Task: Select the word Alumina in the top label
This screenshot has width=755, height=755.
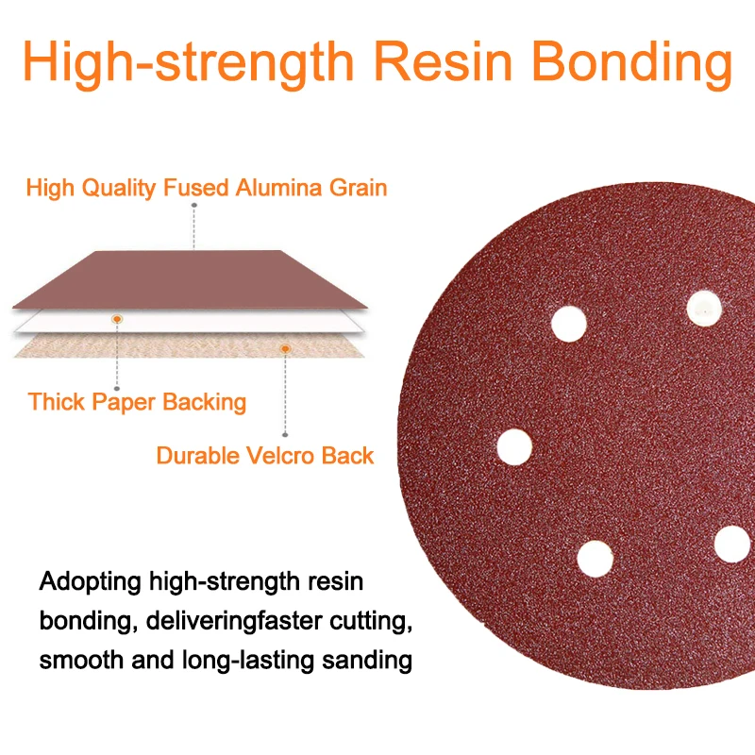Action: [x=280, y=188]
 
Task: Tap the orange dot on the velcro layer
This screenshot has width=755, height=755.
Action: [x=283, y=349]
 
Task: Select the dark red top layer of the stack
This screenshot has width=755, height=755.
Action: [x=189, y=278]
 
